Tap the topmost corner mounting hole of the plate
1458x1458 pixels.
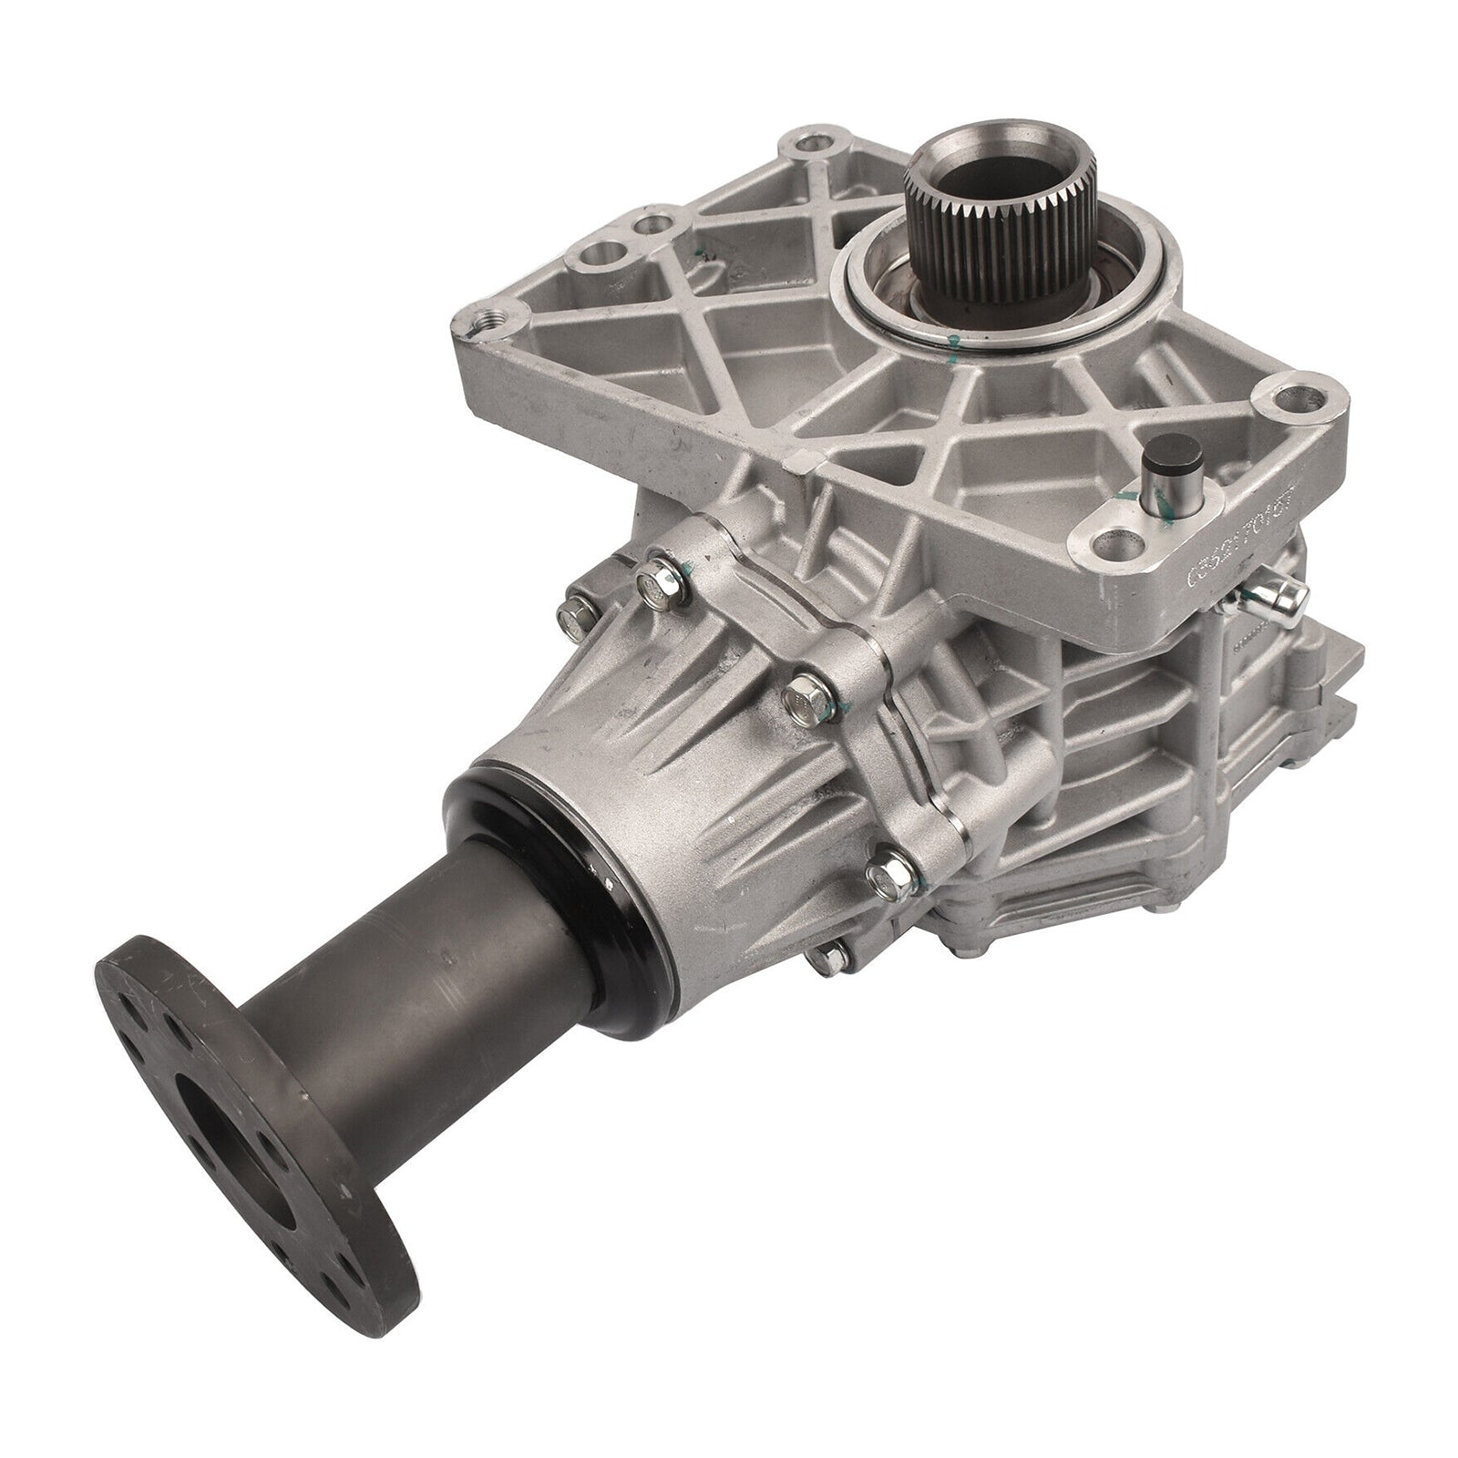(x=801, y=145)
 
